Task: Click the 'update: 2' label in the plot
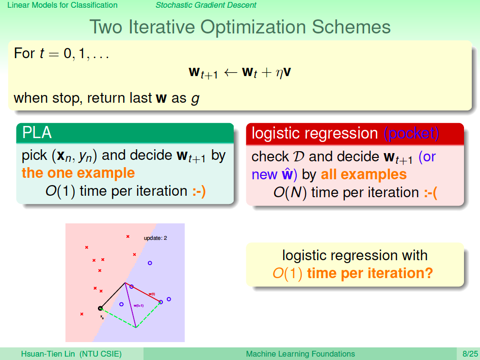click(156, 238)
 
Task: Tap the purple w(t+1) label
click(139, 306)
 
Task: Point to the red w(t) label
click(152, 294)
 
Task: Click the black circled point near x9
click(100, 308)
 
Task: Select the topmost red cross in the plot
click(128, 236)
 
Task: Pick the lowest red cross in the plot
click(82, 314)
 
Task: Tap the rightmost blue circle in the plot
click(169, 299)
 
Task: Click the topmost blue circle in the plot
click(150, 263)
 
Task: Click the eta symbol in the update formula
click(279, 74)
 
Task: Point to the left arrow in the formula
click(230, 73)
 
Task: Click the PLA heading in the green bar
click(37, 133)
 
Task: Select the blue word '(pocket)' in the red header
click(412, 133)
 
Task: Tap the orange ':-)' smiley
click(199, 191)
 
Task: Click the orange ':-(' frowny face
click(431, 193)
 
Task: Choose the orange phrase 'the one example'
click(79, 173)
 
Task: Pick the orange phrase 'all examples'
click(364, 174)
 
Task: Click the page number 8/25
click(470, 354)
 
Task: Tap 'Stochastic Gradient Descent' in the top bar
click(206, 5)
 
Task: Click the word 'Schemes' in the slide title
click(351, 27)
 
